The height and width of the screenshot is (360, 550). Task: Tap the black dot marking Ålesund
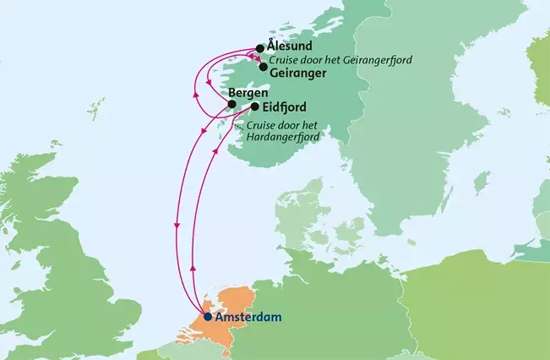(260, 48)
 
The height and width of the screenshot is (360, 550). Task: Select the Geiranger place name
(299, 74)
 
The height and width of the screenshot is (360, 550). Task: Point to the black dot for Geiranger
(264, 67)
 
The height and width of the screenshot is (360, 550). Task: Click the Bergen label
(249, 92)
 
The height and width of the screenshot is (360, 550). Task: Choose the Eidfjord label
(285, 107)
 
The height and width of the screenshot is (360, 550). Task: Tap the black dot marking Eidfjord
(254, 107)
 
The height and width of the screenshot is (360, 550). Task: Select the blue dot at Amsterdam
(208, 318)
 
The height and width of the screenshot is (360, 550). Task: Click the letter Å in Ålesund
(271, 45)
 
